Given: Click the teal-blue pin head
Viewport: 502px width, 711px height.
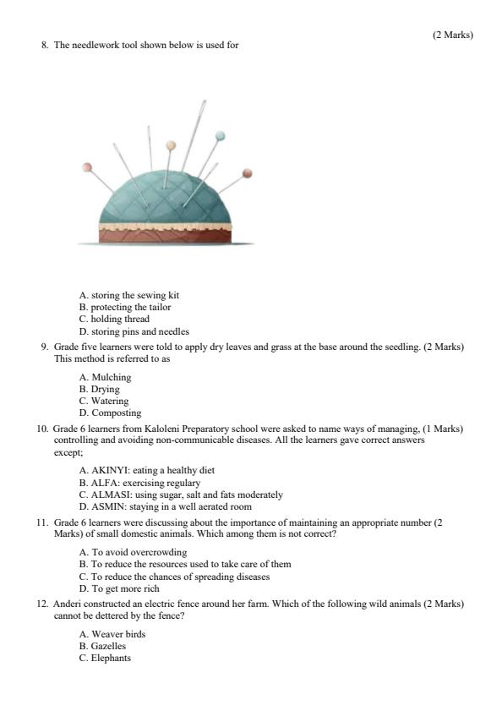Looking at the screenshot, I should click(221, 135).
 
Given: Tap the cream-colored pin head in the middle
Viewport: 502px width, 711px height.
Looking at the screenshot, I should click(171, 145).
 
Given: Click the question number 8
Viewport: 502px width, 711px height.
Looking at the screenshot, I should click(45, 45).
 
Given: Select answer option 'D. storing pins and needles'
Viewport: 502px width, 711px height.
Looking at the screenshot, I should click(134, 331).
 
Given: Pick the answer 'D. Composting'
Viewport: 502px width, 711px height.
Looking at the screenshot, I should click(111, 413).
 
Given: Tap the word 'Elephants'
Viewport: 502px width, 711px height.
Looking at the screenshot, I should click(112, 658).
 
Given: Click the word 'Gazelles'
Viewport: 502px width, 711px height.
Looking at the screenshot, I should click(109, 646).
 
